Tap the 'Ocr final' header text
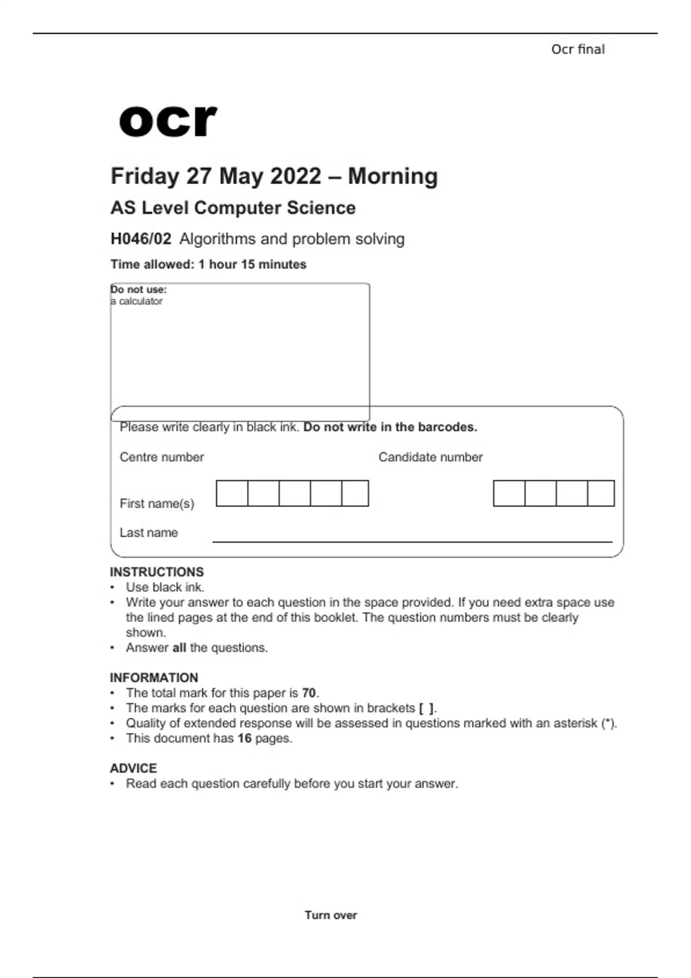tap(578, 49)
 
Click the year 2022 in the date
tap(294, 176)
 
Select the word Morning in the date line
tap(393, 176)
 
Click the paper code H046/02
tap(141, 239)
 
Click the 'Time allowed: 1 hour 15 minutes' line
tap(208, 265)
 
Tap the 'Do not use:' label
tap(139, 289)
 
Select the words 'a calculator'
tap(137, 301)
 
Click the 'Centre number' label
tap(162, 457)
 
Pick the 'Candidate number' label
tap(430, 457)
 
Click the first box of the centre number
tap(232, 493)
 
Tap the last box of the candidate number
tap(601, 493)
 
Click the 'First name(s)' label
tap(157, 503)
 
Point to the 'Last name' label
tap(149, 533)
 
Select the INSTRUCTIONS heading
tap(157, 572)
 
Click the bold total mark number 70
tap(309, 693)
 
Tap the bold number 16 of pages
tap(244, 738)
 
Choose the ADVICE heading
tap(133, 768)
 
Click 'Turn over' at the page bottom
tap(331, 915)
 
